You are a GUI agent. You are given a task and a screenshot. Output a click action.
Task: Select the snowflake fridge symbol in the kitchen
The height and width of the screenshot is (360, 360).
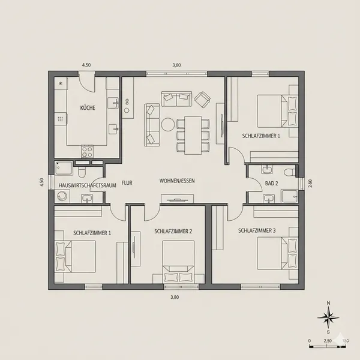[x=61, y=83]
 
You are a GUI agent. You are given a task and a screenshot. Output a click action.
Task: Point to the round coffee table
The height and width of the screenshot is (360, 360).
[x=167, y=125]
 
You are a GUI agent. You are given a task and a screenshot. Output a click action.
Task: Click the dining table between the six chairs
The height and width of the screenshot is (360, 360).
[x=193, y=134]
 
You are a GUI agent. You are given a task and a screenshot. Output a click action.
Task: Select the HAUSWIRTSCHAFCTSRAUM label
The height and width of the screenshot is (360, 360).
[x=88, y=186]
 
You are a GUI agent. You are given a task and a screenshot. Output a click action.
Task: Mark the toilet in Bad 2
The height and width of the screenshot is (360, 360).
[x=290, y=172]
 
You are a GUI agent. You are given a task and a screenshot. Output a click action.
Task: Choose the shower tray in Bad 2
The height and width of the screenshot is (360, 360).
[x=289, y=196]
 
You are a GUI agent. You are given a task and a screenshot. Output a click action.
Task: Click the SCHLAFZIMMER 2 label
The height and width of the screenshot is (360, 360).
[x=173, y=231]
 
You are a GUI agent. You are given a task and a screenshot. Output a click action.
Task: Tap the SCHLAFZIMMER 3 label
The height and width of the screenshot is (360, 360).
[x=257, y=230]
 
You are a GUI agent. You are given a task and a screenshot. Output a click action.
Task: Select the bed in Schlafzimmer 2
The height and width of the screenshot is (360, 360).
[x=178, y=263]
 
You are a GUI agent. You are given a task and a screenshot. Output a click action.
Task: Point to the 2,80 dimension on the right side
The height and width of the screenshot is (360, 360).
[x=310, y=183]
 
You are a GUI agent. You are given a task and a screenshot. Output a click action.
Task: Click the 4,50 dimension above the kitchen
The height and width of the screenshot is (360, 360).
[x=86, y=64]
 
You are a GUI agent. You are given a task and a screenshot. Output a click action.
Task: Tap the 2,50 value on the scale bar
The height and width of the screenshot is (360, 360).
[x=328, y=341]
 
